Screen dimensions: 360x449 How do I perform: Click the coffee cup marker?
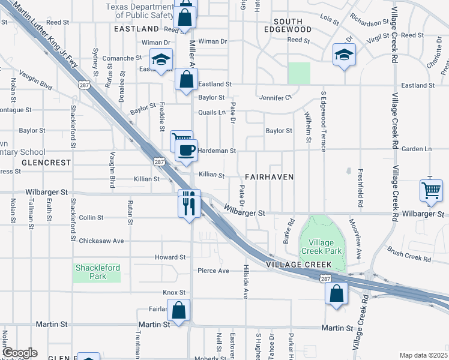click(x=187, y=150)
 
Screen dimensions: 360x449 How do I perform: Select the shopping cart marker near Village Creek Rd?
click(x=431, y=190)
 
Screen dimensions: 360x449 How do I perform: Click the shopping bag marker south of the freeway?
click(x=336, y=294)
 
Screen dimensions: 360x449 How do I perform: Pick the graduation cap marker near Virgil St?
click(x=343, y=55)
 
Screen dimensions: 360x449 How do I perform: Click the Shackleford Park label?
click(x=97, y=272)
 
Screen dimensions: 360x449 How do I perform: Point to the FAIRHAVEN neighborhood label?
click(x=270, y=177)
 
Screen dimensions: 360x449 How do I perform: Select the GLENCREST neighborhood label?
click(x=46, y=163)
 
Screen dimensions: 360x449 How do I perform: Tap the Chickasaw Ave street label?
click(x=101, y=241)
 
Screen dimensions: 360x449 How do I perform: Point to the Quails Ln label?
click(x=212, y=112)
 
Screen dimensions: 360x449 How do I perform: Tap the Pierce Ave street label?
click(x=214, y=271)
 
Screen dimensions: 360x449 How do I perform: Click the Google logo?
click(x=19, y=353)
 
